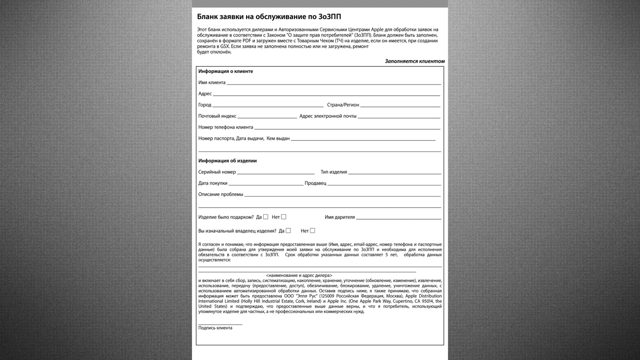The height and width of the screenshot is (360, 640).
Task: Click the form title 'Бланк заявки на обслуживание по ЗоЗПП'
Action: [x=269, y=17]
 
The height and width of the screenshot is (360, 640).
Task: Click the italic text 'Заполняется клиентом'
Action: [x=414, y=61]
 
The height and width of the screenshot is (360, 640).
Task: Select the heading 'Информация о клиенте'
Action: [x=226, y=71]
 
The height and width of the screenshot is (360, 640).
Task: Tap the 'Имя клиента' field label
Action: [x=212, y=82]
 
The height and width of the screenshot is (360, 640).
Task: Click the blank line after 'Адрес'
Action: [x=326, y=94]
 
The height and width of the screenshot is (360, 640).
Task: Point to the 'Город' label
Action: [x=205, y=105]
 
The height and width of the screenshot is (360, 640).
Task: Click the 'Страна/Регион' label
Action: [x=343, y=105]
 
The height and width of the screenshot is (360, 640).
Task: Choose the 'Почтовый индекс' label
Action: [x=217, y=116]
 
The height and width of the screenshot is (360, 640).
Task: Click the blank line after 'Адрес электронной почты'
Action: [x=399, y=117]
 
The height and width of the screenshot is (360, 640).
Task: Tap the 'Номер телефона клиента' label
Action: [x=226, y=127]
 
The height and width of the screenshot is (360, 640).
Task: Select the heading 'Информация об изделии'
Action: [x=228, y=161]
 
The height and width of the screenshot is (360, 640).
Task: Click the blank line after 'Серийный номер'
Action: [x=276, y=173]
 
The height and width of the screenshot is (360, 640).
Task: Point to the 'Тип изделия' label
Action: [x=334, y=172]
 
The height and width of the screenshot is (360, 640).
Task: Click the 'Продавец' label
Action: [x=315, y=183]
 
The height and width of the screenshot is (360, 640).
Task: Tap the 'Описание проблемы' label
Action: [x=221, y=194]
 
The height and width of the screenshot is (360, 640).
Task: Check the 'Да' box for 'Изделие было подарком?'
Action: [x=266, y=217]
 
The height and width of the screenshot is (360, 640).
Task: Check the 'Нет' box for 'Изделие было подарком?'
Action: [x=284, y=217]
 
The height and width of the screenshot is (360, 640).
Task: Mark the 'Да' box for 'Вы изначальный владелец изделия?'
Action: [x=288, y=230]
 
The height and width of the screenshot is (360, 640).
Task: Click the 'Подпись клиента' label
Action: [x=215, y=328]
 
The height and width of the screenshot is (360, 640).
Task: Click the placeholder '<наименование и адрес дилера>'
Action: [x=299, y=275]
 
